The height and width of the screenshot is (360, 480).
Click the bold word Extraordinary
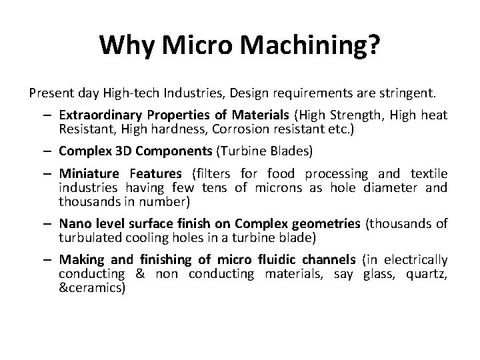(x=99, y=115)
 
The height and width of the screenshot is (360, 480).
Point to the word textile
(x=427, y=175)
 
